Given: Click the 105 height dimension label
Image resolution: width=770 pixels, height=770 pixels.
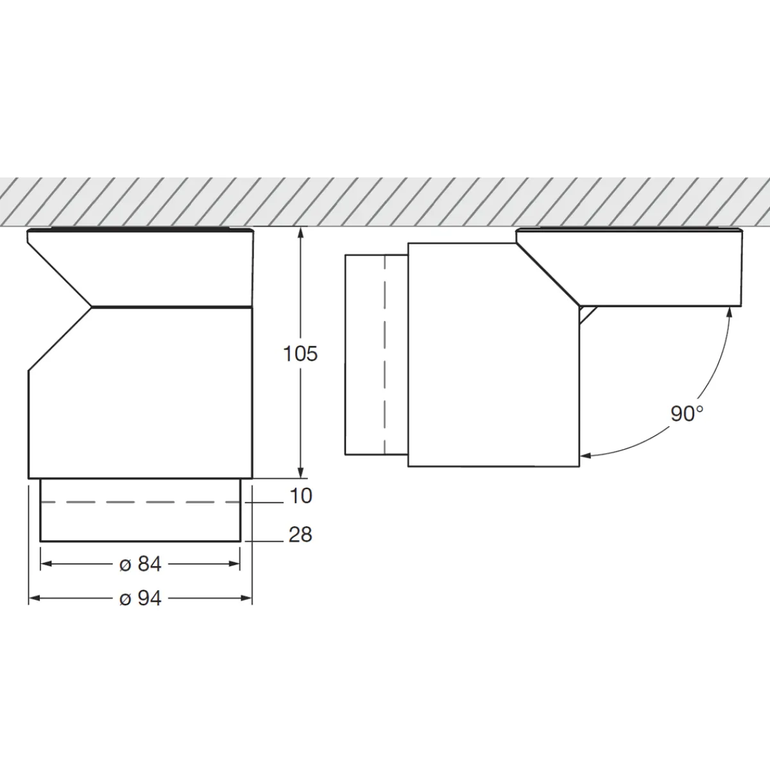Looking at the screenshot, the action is pyautogui.click(x=300, y=354).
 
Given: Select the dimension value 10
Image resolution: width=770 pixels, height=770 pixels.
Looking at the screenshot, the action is pyautogui.click(x=300, y=496).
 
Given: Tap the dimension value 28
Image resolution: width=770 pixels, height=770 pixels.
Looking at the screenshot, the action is pyautogui.click(x=300, y=535).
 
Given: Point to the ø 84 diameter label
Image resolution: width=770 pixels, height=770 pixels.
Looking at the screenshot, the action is pyautogui.click(x=141, y=564).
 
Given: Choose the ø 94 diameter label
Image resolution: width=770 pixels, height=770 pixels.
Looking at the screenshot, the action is pyautogui.click(x=141, y=598).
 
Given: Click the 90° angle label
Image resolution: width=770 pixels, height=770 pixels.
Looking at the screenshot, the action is pyautogui.click(x=687, y=414).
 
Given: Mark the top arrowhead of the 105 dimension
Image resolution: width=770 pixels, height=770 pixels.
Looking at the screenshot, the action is pyautogui.click(x=300, y=232).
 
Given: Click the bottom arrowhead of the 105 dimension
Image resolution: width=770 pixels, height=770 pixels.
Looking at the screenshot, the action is pyautogui.click(x=300, y=473).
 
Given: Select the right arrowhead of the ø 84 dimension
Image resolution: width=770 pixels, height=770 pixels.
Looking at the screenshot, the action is pyautogui.click(x=235, y=564).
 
